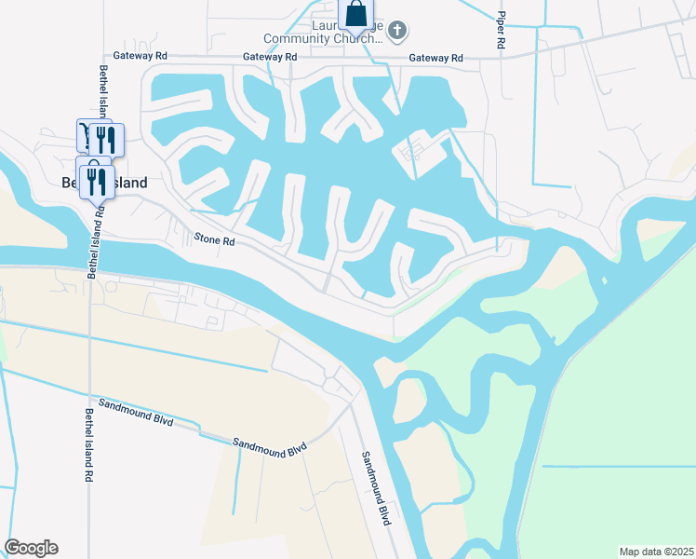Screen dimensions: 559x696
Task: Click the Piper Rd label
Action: tap(501, 30)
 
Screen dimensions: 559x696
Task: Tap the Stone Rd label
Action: tap(214, 240)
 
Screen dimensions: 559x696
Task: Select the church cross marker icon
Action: tap(397, 32)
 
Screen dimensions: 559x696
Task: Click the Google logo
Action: tap(31, 548)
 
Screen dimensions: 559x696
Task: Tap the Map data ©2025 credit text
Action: tap(656, 552)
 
